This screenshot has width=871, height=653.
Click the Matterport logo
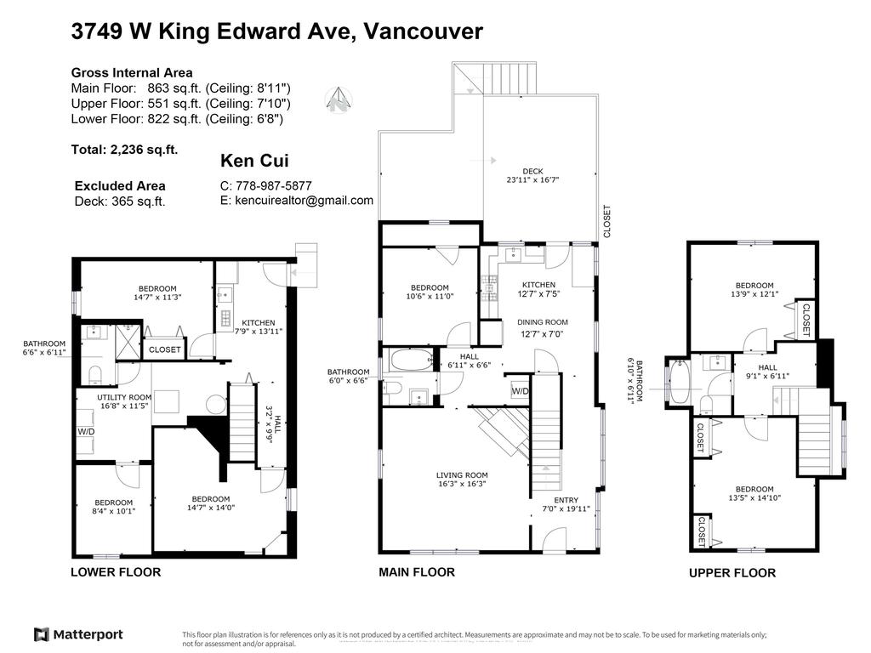[78, 634]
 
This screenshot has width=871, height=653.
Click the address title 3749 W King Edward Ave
[276, 32]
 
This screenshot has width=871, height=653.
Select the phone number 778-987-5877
[265, 185]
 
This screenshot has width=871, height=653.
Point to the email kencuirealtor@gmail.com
[296, 201]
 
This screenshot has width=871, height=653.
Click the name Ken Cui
[248, 161]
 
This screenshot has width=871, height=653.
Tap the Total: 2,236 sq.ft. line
[124, 150]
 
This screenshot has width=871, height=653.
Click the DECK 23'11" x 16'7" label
[532, 176]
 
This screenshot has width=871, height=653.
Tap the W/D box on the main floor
[519, 390]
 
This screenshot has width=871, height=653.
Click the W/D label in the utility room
[87, 431]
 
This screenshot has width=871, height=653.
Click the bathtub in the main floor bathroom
[412, 361]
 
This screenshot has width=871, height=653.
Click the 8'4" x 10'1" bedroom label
[113, 507]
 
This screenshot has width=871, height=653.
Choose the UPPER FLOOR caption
[732, 573]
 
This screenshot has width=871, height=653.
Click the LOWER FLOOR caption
[115, 572]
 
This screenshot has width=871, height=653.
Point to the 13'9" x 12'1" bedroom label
[754, 290]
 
